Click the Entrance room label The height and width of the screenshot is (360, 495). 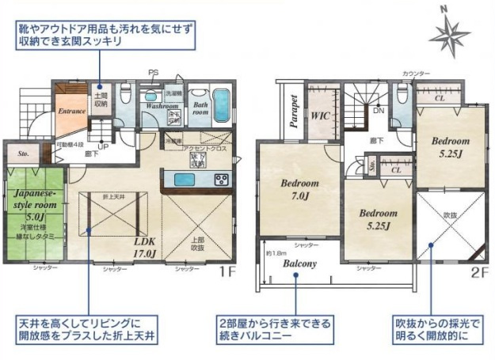pyautogui.click(x=71, y=112)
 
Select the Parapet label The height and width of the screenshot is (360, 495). pyautogui.click(x=292, y=111)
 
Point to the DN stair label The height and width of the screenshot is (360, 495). pyautogui.click(x=379, y=111)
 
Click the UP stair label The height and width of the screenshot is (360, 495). pyautogui.click(x=101, y=146)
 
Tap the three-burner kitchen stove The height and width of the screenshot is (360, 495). pyautogui.click(x=221, y=178)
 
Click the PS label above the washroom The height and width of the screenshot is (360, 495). pyautogui.click(x=153, y=73)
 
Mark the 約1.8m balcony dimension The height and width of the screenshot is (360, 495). pyautogui.click(x=276, y=253)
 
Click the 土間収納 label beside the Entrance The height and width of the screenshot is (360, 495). pyautogui.click(x=101, y=99)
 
